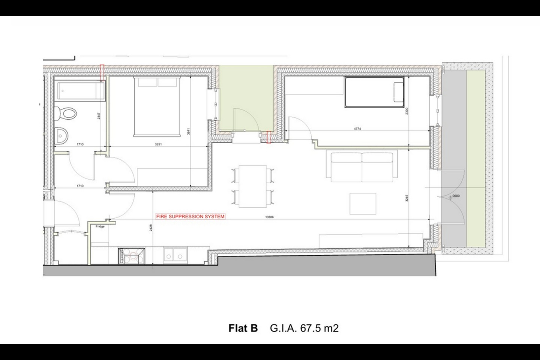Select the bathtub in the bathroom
[81, 91]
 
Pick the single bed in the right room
[374, 92]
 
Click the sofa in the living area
[361, 165]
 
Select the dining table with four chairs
[253, 186]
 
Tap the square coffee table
[363, 204]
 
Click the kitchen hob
[132, 256]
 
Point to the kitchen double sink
[175, 255]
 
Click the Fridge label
[100, 226]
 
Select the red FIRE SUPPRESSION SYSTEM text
[190, 216]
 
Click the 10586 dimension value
[269, 217]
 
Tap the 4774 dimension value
[357, 129]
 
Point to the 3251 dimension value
[157, 144]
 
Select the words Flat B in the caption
[243, 328]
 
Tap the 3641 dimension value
[189, 131]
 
